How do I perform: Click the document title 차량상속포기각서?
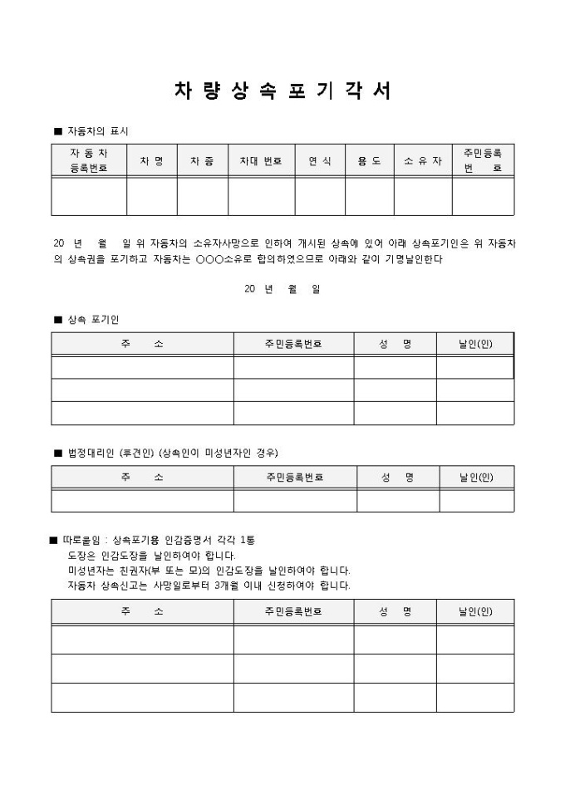click(x=282, y=91)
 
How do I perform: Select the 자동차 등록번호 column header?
click(x=88, y=160)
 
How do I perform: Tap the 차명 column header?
click(x=151, y=160)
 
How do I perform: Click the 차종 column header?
click(x=202, y=160)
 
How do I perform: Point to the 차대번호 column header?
click(x=261, y=160)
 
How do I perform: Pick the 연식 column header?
click(x=320, y=160)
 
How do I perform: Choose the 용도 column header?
click(x=370, y=160)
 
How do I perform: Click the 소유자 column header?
click(x=423, y=160)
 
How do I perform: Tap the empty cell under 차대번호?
click(x=261, y=196)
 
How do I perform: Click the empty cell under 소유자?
click(x=423, y=196)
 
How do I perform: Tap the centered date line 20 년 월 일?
click(x=282, y=289)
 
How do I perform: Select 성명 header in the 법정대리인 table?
click(x=397, y=478)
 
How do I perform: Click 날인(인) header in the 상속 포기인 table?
click(x=475, y=344)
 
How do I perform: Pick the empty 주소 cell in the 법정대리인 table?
click(x=142, y=501)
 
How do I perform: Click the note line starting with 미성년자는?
click(x=209, y=571)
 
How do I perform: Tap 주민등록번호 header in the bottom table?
click(x=293, y=611)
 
